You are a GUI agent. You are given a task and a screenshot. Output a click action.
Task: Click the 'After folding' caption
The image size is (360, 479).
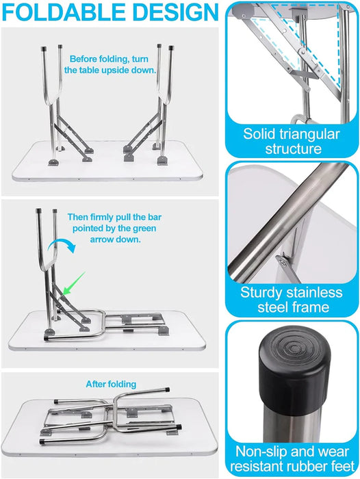(x=111, y=384)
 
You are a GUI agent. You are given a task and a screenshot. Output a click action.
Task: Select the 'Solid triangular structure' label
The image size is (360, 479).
(x=292, y=141)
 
